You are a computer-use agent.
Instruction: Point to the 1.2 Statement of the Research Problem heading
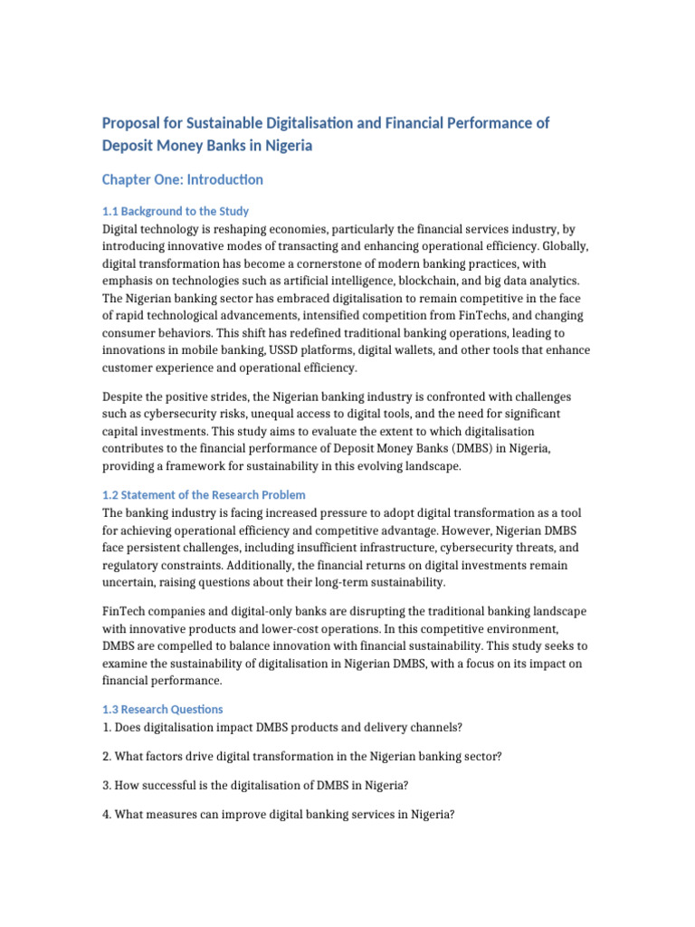coord(204,495)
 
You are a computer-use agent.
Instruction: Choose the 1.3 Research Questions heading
coord(163,709)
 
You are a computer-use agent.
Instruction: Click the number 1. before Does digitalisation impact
coord(107,726)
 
